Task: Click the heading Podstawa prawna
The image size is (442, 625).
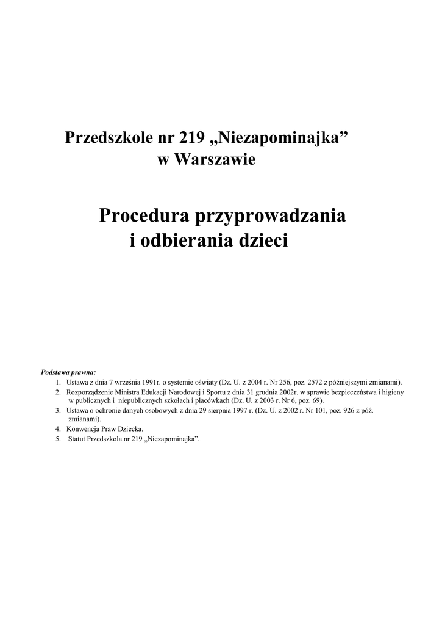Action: coord(68,372)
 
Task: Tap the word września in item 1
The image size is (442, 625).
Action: coord(121,381)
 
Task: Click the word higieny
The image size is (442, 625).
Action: coord(391,392)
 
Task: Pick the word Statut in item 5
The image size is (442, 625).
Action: coord(77,439)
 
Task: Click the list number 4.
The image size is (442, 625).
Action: coord(58,429)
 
